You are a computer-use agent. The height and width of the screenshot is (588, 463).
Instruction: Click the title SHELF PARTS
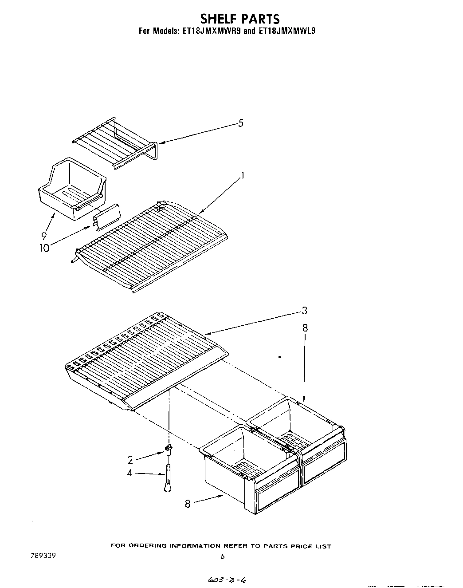tap(240, 19)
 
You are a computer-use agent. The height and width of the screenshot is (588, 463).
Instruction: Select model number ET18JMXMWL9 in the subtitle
tap(287, 32)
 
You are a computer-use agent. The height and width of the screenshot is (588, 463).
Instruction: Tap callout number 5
tap(241, 123)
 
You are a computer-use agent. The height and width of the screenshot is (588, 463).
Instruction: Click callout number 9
tap(44, 237)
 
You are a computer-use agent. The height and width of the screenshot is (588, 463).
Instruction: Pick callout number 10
tap(44, 248)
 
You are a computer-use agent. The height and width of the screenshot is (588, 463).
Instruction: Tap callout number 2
tap(130, 460)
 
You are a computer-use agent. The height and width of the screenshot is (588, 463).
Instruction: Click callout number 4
tap(129, 474)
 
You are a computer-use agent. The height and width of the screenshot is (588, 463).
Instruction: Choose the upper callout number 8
tap(305, 328)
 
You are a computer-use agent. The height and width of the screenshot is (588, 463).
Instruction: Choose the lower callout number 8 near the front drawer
tap(188, 504)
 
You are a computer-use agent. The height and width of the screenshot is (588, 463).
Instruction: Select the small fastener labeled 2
tap(169, 450)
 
